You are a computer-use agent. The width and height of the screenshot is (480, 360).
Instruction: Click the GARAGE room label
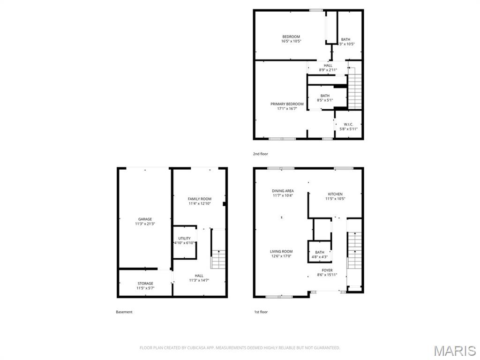[145, 219]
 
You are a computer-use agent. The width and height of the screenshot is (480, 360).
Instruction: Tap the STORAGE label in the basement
[145, 284]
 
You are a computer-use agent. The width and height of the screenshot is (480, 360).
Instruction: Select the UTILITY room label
[184, 239]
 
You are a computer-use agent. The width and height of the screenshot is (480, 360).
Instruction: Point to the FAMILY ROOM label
[200, 199]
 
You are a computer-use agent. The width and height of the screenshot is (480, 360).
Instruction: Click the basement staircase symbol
[218, 255]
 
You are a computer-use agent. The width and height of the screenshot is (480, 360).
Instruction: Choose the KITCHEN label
[335, 194]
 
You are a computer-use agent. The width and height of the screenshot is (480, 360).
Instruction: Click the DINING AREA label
[283, 191]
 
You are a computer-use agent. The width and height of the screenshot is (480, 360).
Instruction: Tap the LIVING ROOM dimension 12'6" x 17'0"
[281, 256]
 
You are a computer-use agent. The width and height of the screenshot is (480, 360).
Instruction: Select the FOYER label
[327, 270]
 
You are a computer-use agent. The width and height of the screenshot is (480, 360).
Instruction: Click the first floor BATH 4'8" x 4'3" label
[320, 253]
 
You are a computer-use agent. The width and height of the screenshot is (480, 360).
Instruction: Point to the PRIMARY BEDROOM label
[287, 104]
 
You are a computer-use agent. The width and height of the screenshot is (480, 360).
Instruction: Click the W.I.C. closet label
[348, 124]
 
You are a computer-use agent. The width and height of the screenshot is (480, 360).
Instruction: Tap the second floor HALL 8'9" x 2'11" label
[328, 66]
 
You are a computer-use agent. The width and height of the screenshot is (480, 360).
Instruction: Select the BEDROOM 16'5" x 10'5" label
[291, 37]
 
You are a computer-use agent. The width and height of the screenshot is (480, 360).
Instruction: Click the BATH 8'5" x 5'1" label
[325, 96]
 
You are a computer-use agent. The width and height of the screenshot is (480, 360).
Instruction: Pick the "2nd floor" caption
[261, 154]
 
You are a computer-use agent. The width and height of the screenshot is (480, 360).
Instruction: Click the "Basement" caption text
[124, 312]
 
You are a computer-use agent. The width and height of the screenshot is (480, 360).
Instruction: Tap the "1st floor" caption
[261, 312]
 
